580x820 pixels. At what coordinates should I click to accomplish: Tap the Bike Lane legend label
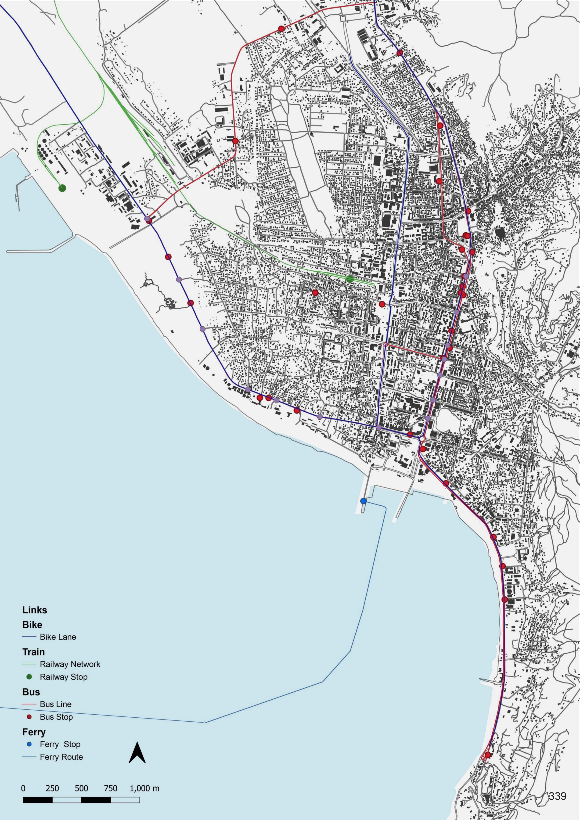58,637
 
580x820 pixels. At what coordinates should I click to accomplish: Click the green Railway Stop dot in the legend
29,676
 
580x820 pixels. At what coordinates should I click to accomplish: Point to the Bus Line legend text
55,704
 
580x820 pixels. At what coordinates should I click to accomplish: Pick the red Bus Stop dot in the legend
29,716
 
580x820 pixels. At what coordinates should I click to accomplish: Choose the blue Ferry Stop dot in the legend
29,744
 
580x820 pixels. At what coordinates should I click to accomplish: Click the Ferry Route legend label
61,757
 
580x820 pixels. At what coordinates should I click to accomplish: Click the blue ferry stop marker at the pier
363,501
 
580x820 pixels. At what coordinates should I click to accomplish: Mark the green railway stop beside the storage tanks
62,188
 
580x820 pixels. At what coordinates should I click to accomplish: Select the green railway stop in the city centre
350,279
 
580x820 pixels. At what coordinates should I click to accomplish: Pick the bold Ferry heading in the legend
34,732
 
